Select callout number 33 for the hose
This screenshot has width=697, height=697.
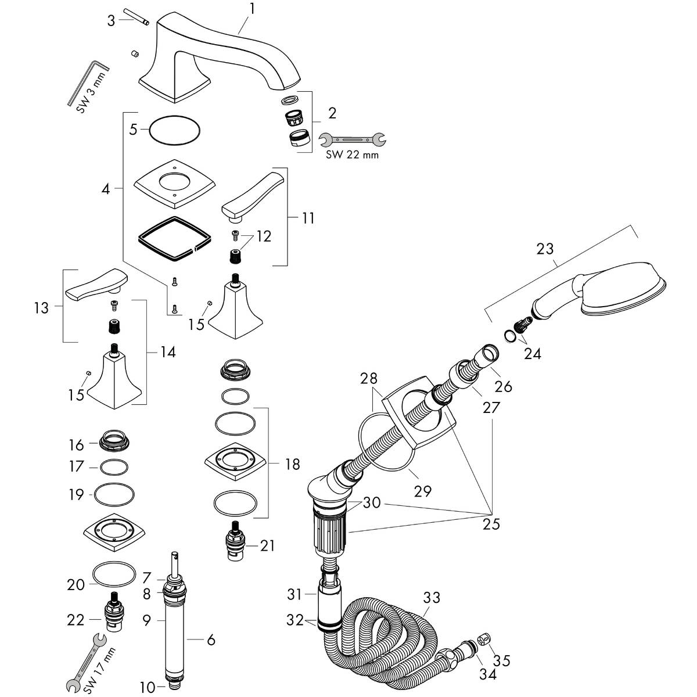tap(432, 598)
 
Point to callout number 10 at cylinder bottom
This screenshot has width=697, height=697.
tap(147, 688)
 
